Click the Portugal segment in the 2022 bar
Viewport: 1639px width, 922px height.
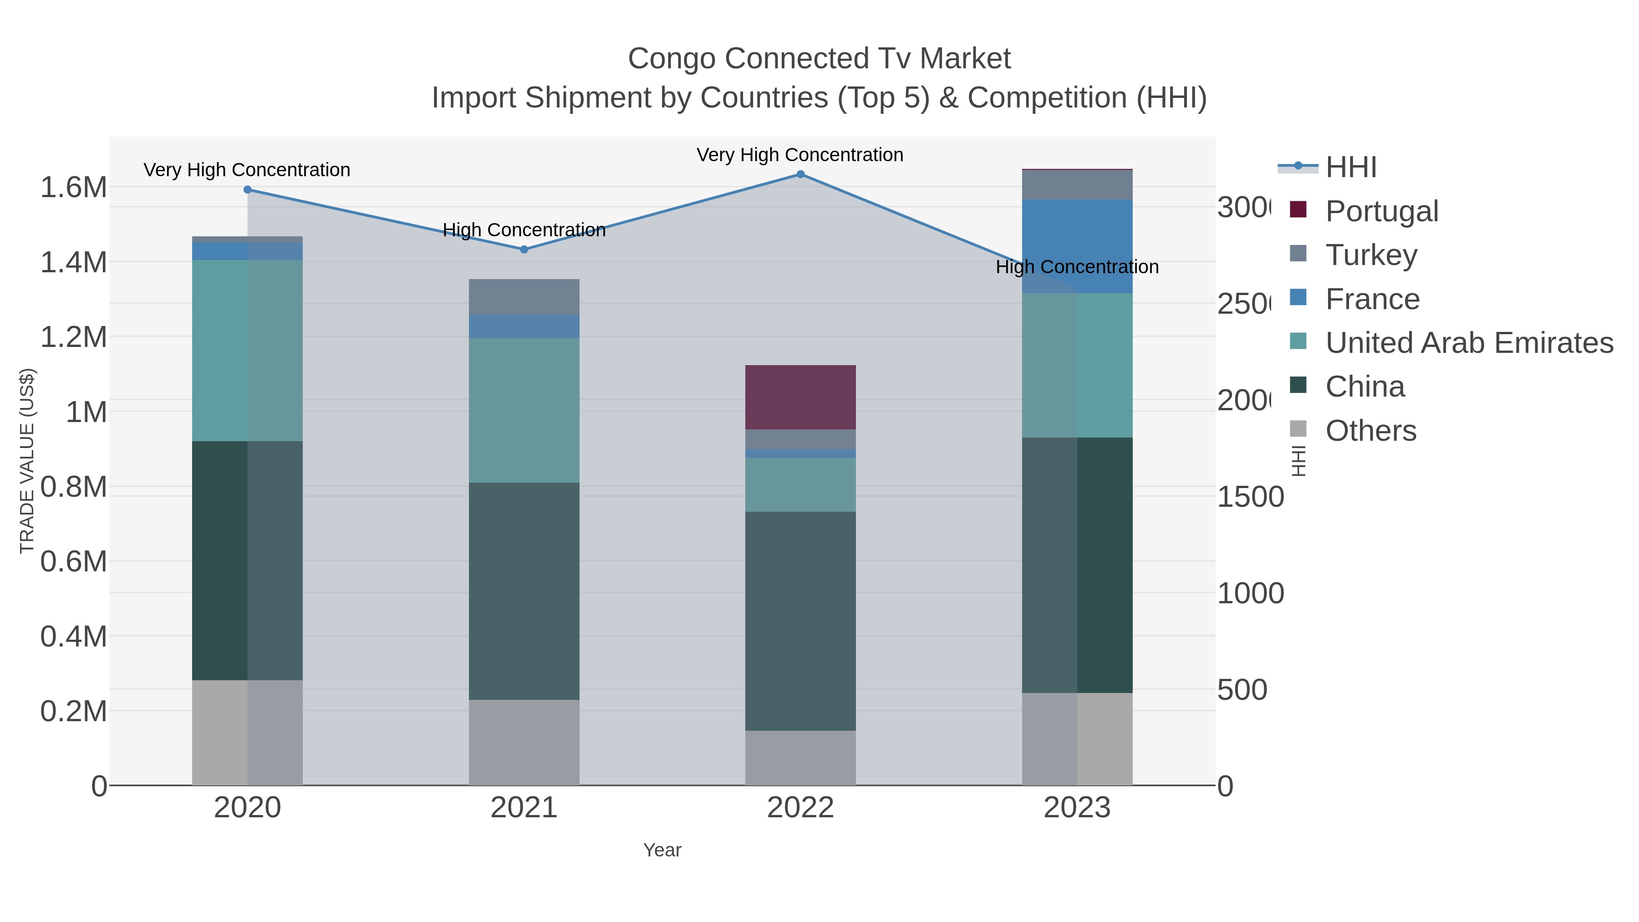tap(800, 397)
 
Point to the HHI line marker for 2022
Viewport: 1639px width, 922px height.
tap(800, 174)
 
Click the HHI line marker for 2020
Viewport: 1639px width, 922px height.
tap(248, 189)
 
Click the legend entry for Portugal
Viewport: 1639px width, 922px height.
tap(1381, 211)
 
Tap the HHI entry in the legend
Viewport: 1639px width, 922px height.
tap(1350, 168)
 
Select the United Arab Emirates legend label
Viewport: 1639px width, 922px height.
tap(1468, 342)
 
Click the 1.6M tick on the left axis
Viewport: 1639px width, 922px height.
tap(73, 187)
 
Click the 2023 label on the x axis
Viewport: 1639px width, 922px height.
tap(1077, 807)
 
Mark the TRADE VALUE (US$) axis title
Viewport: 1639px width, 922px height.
tap(27, 461)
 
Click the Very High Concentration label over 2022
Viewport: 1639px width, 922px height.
tap(800, 155)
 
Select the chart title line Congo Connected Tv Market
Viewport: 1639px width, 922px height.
tap(819, 59)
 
